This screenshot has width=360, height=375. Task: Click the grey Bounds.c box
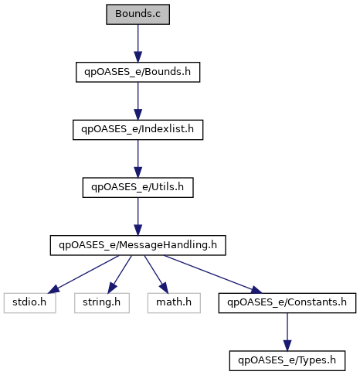pyautogui.click(x=138, y=14)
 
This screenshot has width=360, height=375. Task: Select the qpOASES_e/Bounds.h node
pyautogui.click(x=138, y=72)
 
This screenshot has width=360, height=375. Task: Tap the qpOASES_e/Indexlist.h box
pyautogui.click(x=138, y=130)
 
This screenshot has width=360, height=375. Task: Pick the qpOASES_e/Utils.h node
pyautogui.click(x=138, y=187)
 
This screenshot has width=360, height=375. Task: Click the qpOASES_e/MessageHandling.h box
pyautogui.click(x=138, y=245)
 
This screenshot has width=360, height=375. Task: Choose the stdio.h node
pyautogui.click(x=29, y=303)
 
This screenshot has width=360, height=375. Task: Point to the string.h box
pyautogui.click(x=102, y=303)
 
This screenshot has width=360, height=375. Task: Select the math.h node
pyautogui.click(x=174, y=303)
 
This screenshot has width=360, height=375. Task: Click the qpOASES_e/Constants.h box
pyautogui.click(x=287, y=303)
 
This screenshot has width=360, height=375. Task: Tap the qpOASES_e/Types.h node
pyautogui.click(x=287, y=360)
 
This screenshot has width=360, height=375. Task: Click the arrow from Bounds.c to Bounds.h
pyautogui.click(x=138, y=43)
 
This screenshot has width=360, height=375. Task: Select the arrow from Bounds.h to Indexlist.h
pyautogui.click(x=138, y=101)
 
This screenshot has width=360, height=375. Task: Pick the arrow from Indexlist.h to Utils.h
pyautogui.click(x=138, y=159)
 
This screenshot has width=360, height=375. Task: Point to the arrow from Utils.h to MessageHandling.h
pyautogui.click(x=138, y=216)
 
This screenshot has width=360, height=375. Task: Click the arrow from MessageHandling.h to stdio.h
pyautogui.click(x=83, y=274)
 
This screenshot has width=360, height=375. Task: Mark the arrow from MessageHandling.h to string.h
pyautogui.click(x=120, y=274)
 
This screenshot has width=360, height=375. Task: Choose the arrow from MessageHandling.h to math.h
pyautogui.click(x=156, y=274)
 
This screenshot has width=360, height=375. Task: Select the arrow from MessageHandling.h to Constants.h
pyautogui.click(x=212, y=274)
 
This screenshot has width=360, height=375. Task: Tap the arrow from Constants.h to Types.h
pyautogui.click(x=287, y=332)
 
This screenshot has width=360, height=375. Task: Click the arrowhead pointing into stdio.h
pyautogui.click(x=54, y=289)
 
